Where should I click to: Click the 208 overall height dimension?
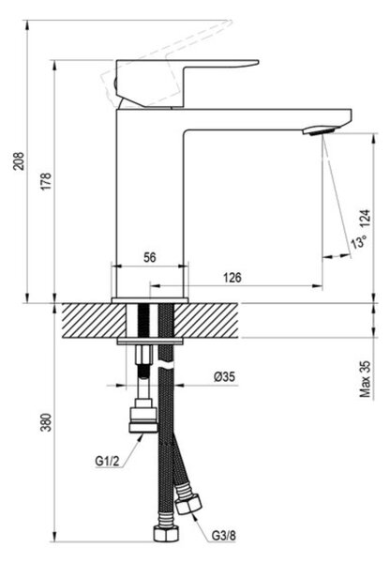click(x=19, y=161)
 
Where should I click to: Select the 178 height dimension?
click(x=47, y=181)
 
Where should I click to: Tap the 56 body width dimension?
click(x=150, y=257)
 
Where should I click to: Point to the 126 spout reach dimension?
click(x=232, y=278)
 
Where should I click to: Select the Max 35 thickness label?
click(x=365, y=379)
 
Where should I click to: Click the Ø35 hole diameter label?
click(x=224, y=376)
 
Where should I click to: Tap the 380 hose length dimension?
click(x=47, y=422)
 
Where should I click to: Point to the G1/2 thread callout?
click(x=107, y=461)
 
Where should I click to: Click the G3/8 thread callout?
click(x=224, y=536)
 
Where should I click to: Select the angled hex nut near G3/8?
click(x=188, y=505)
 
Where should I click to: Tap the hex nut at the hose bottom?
click(x=166, y=534)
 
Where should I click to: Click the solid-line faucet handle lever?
click(x=187, y=84)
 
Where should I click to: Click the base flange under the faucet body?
click(x=150, y=300)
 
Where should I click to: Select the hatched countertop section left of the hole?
click(x=95, y=321)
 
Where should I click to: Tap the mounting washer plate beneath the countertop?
click(x=150, y=342)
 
